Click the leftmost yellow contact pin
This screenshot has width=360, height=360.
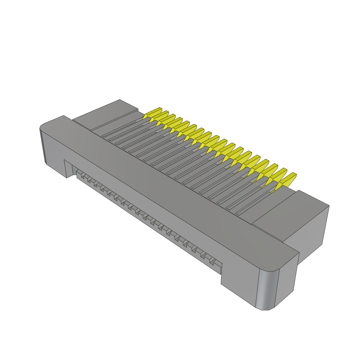click(x=153, y=112)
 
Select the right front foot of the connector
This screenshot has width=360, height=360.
click(x=239, y=281)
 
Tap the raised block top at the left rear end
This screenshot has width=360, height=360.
click(x=105, y=112)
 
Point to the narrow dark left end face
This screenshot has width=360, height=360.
click(x=43, y=146)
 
